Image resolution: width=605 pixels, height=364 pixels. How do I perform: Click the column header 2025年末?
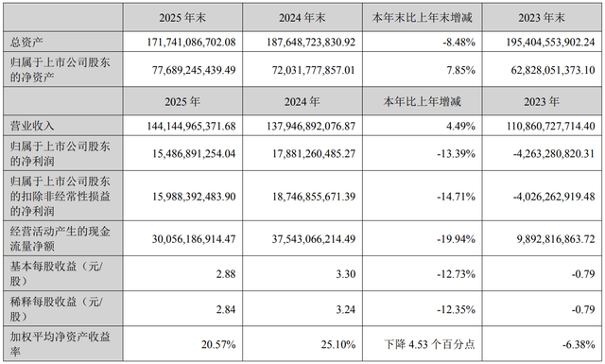pos(182,18)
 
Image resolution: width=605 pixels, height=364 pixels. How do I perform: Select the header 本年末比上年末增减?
pos(423,18)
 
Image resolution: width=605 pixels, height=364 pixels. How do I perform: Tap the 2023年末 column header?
pos(542,18)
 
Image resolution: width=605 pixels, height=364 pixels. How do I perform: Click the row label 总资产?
pos(26,43)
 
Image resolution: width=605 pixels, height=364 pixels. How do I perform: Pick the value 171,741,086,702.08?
pos(191,43)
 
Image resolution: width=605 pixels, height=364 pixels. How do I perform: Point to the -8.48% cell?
pos(458,43)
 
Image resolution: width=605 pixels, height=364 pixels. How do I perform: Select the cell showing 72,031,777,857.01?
pos(313,70)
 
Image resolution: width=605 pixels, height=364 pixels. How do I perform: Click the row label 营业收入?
pos(32,126)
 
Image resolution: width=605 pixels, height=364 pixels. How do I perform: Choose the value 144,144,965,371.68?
pos(191,126)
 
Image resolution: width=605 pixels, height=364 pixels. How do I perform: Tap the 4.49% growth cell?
pos(460,126)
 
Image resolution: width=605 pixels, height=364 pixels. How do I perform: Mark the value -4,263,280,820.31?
pos(554,153)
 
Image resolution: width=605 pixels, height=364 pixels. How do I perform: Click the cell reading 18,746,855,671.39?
pos(313,197)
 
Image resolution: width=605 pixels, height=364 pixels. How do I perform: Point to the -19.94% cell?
pos(456,239)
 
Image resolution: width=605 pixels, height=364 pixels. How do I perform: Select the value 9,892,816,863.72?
pos(556,239)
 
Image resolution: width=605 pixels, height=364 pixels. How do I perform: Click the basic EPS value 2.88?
pos(226,274)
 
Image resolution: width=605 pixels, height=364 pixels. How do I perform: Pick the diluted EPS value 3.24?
pos(346,309)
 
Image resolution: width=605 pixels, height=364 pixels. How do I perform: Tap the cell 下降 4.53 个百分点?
pos(429,344)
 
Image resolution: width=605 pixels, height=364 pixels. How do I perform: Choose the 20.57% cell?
pos(218,344)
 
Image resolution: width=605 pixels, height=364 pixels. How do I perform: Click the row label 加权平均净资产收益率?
pos(60,344)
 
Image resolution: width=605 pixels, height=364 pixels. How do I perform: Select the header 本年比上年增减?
pos(423,101)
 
